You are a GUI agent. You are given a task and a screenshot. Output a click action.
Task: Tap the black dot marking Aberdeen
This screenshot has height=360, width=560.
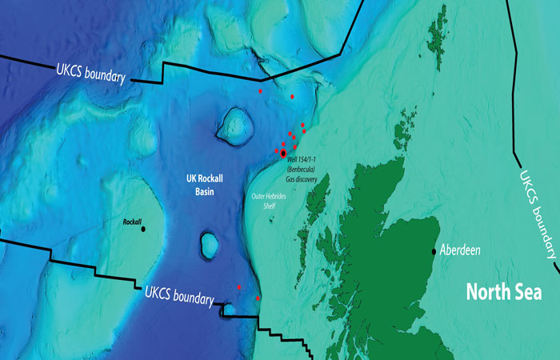coord(434,250)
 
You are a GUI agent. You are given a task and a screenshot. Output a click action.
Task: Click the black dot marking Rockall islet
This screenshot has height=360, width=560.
coord(143,229)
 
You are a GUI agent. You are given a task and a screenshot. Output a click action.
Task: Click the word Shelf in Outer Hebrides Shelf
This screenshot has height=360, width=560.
coord(274,207)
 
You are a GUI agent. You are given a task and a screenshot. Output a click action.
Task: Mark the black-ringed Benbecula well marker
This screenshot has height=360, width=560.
coord(283,153)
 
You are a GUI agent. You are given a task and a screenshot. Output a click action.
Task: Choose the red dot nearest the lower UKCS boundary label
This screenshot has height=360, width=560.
coord(239,286)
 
